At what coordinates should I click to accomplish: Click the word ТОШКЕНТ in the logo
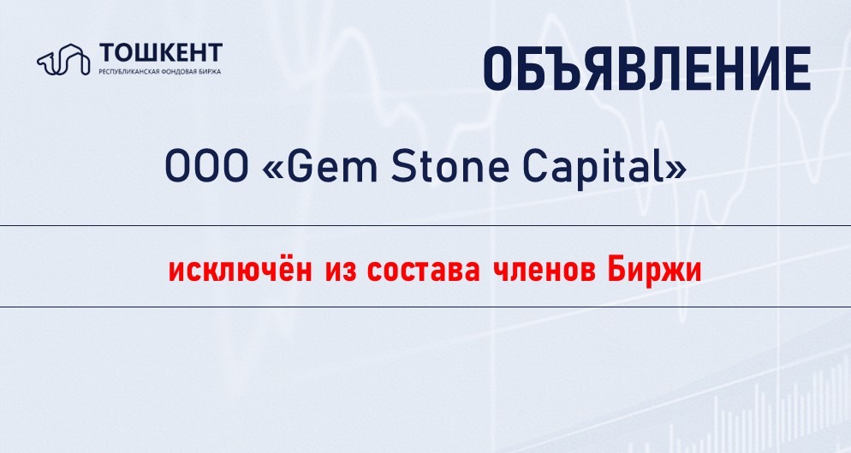161,53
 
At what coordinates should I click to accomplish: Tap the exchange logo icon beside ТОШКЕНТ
63,58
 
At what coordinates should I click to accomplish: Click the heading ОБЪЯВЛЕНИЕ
647,69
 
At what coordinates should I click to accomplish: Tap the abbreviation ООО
206,167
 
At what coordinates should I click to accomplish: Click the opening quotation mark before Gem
272,170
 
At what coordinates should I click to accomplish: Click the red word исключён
241,270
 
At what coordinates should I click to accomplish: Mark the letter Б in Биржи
616,271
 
